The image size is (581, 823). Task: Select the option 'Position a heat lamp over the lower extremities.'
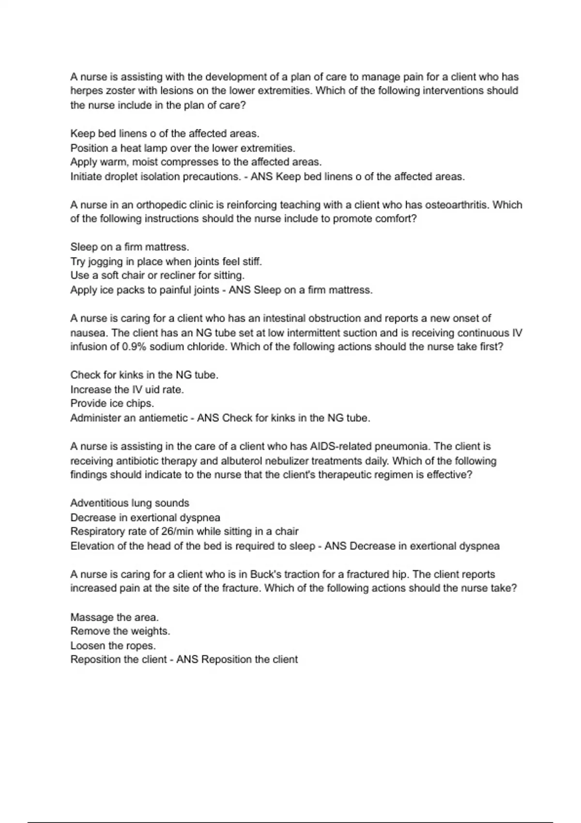point(183,148)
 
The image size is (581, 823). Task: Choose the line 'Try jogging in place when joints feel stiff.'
point(166,262)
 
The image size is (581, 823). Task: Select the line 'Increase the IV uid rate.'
point(127,390)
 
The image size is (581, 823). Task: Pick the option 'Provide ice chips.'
point(112,403)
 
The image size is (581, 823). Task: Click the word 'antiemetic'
point(163,418)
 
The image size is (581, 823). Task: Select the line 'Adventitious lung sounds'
point(130,503)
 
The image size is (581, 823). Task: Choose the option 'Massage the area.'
point(114,617)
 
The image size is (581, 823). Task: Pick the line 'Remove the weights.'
point(120,631)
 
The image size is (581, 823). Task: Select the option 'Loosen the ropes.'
point(113,646)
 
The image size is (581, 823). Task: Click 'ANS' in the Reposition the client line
point(187,660)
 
